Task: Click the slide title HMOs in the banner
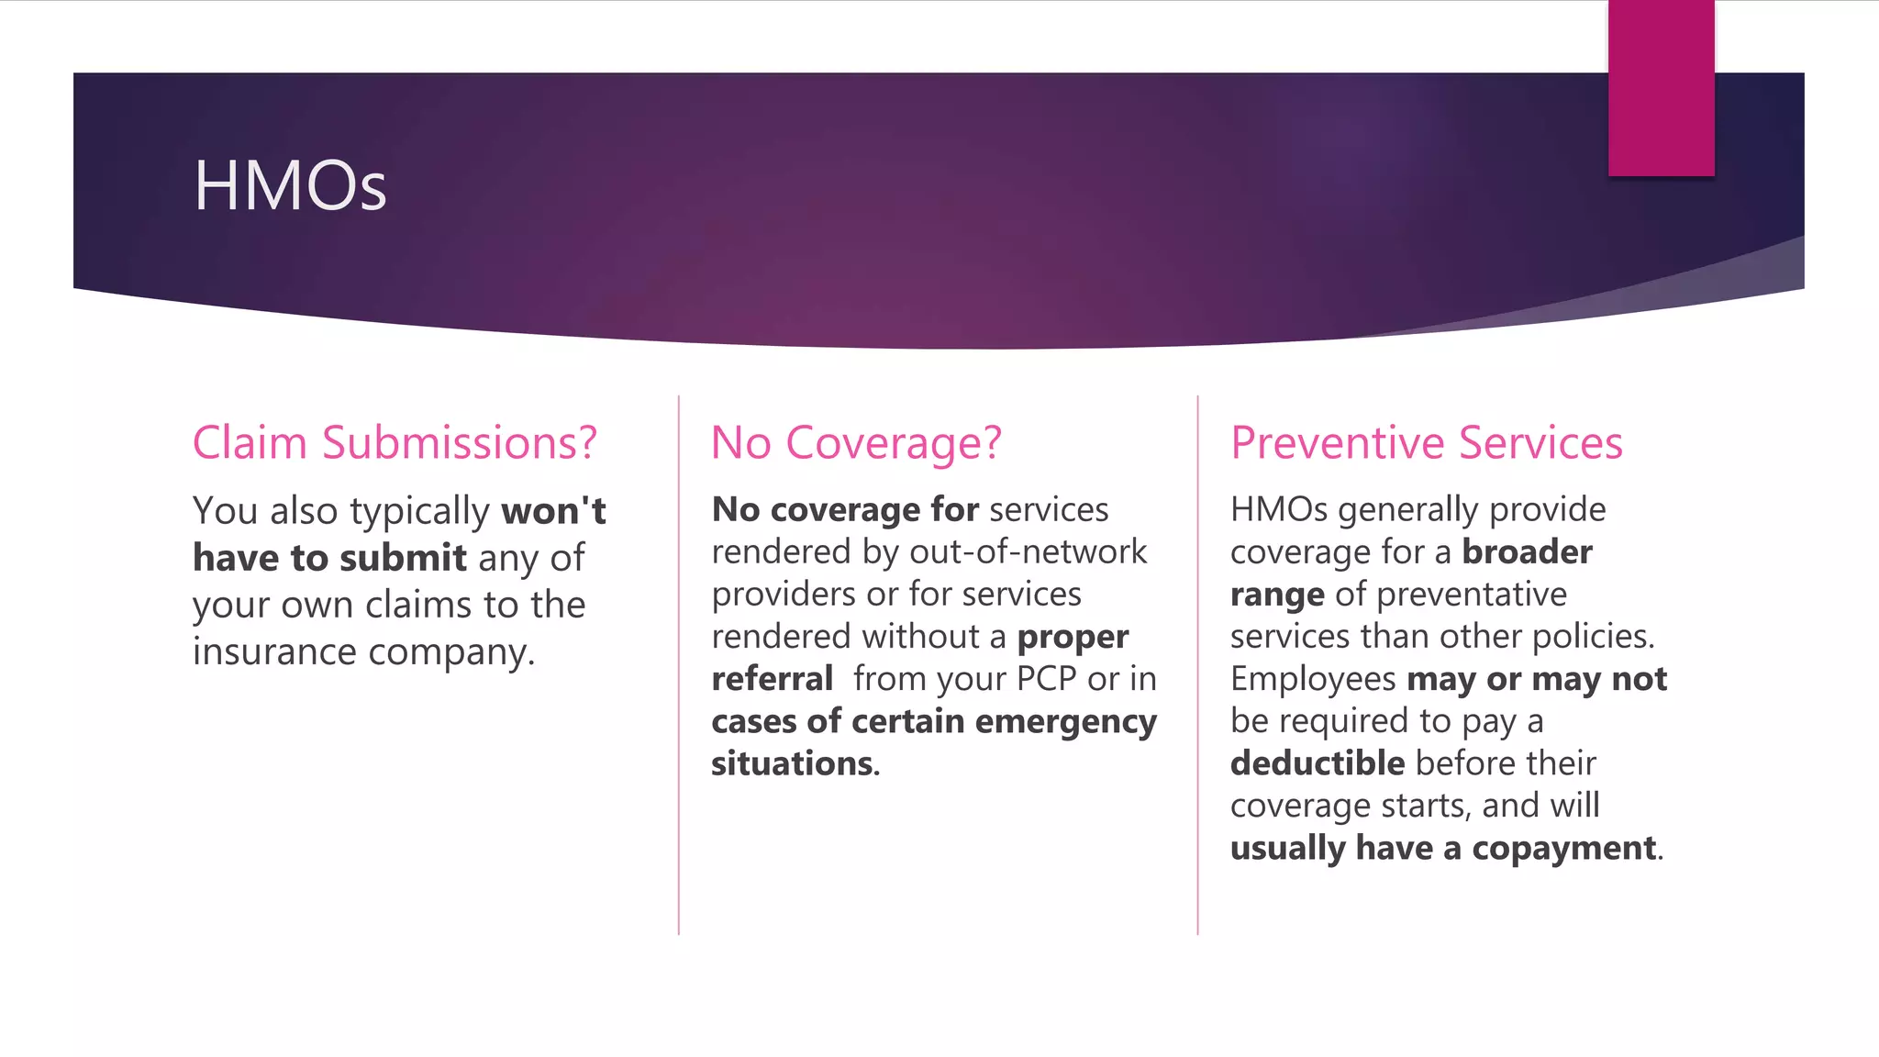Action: coord(290,186)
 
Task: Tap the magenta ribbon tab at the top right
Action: coord(1661,88)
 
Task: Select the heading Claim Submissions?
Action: coord(395,443)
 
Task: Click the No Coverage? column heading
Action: coord(856,443)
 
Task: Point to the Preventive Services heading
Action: coord(1426,443)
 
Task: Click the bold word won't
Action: coord(553,511)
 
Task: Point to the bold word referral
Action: coord(772,680)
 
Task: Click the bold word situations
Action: coord(795,764)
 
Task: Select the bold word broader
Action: coord(1527,552)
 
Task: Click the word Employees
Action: coord(1313,680)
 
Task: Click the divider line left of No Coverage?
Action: coord(679,665)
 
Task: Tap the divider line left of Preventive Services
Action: coord(1197,665)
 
